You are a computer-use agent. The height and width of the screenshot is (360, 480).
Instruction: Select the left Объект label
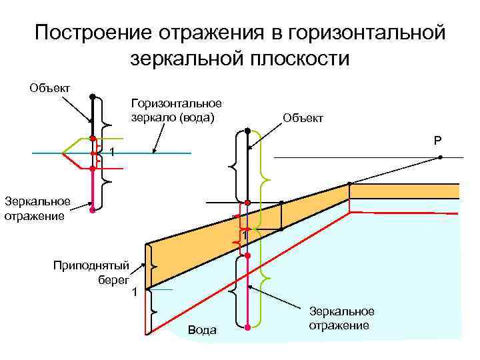pyautogui.click(x=51, y=88)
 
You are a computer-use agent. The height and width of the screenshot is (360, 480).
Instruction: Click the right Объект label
pyautogui.click(x=303, y=117)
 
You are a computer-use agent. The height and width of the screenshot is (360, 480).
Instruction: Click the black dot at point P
pyautogui.click(x=441, y=158)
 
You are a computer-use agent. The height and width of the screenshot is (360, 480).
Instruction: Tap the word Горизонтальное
pyautogui.click(x=176, y=104)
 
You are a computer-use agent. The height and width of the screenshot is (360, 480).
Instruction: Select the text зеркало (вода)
pyautogui.click(x=173, y=118)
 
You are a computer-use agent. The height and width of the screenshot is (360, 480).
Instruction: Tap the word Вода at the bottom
pyautogui.click(x=202, y=330)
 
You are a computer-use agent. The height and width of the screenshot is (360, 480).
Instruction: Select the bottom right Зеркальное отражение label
pyautogui.click(x=341, y=318)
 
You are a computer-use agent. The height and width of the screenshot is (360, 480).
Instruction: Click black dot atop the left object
pyautogui.click(x=93, y=96)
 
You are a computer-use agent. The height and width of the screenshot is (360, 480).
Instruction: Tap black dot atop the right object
pyautogui.click(x=247, y=130)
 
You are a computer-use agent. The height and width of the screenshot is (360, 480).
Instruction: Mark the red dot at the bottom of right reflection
pyautogui.click(x=247, y=327)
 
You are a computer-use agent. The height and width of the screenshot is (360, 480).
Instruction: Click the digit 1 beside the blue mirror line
pyautogui.click(x=113, y=154)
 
